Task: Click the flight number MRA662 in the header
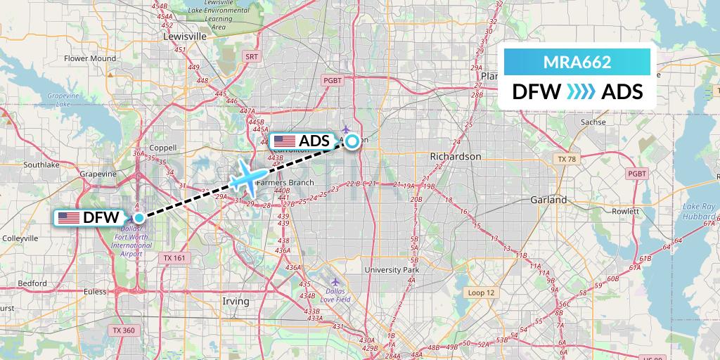pos(577,62)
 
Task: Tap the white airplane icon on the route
pos(248,178)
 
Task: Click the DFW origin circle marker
pos(139,217)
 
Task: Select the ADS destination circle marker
pos(352,141)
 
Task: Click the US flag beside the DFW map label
pos(69,218)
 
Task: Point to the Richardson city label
pos(456,156)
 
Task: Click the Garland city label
pos(548,200)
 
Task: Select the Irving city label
pos(236,301)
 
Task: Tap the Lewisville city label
pos(184,36)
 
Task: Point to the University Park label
pos(392,269)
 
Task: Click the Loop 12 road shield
pos(480,292)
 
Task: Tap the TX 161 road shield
pos(174,258)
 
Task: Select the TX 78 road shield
pos(566,160)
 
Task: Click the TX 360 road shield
pos(124,330)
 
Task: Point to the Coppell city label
pos(163,148)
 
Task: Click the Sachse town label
pos(589,122)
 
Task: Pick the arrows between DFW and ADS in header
pos(581,92)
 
